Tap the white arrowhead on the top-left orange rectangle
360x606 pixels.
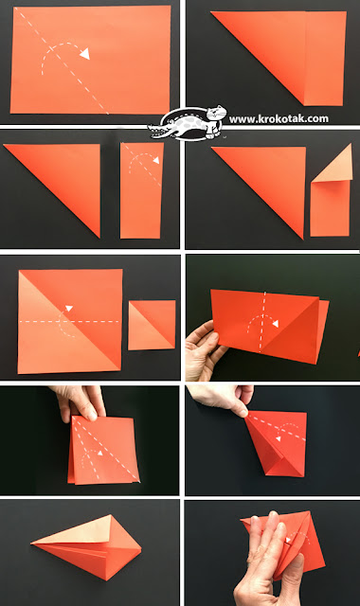coord(84,55)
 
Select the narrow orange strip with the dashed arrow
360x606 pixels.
coord(142,189)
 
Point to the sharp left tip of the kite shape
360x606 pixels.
coord(32,544)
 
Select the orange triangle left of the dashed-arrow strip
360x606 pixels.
coord(66,180)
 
